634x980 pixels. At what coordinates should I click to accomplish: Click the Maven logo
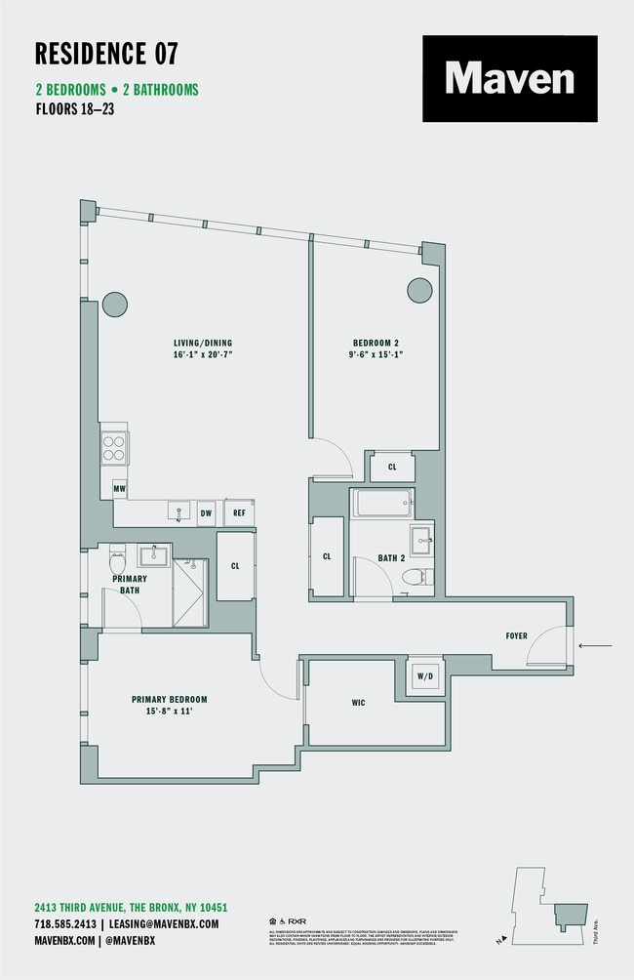(509, 79)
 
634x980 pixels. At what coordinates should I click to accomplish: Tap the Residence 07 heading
(106, 53)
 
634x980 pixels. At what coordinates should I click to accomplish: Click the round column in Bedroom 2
(419, 289)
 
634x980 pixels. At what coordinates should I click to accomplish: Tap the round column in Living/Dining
(115, 305)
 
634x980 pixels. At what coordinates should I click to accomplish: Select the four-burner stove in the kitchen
(114, 448)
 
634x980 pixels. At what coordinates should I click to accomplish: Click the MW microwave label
(119, 488)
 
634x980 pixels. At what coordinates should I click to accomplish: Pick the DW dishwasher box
(206, 511)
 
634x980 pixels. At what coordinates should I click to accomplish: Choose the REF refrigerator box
(238, 511)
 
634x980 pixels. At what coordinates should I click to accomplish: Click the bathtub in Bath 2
(382, 505)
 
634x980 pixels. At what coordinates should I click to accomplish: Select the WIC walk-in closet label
(358, 703)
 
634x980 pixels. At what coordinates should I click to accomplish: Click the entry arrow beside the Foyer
(595, 645)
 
